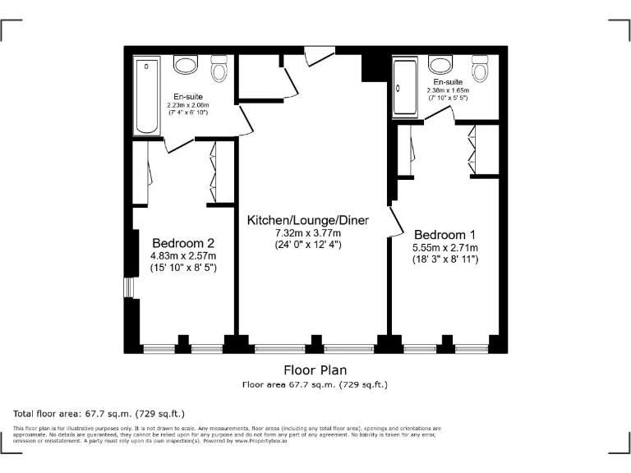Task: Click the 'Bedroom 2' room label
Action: coord(183,243)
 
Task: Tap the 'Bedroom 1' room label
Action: coord(444,233)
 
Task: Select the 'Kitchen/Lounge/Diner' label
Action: coord(308,220)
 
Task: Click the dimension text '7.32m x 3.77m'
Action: coord(308,233)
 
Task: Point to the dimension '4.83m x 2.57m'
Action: coord(183,256)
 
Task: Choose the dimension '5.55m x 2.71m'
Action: coord(444,247)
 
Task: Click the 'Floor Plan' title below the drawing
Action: coord(315,370)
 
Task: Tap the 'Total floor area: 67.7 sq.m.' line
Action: coord(99,413)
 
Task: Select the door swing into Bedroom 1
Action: coord(394,220)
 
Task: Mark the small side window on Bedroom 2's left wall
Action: coord(128,287)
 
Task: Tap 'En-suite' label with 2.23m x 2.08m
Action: coord(188,97)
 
